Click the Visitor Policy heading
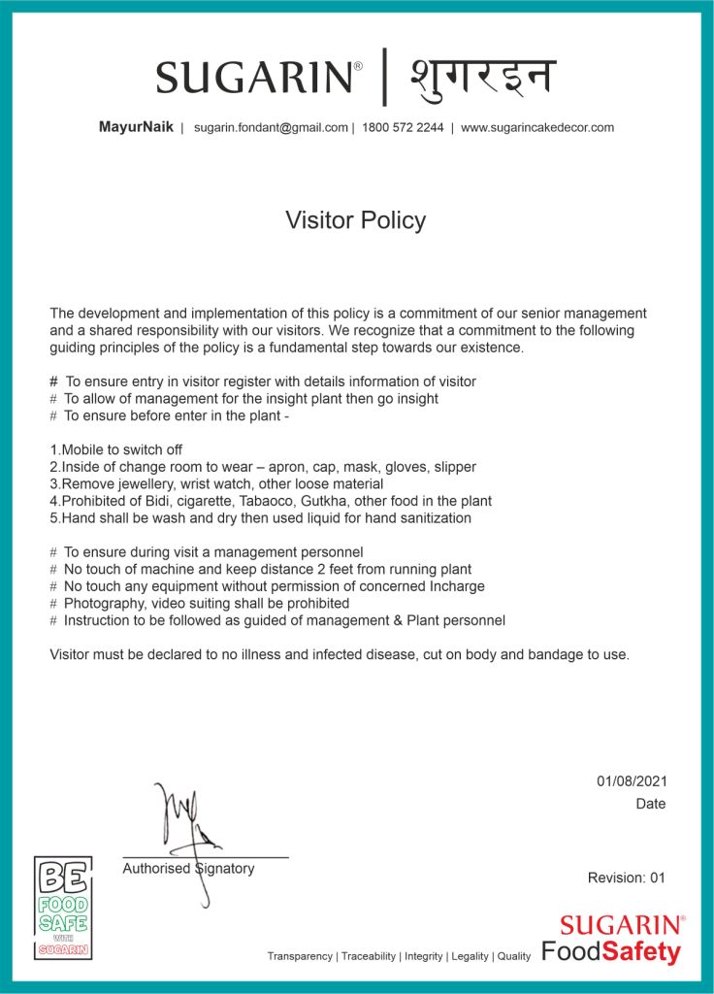(x=355, y=220)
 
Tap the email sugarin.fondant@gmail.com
(x=271, y=127)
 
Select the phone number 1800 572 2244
(x=403, y=127)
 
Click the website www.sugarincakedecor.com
(x=536, y=127)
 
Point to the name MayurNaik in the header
(x=136, y=127)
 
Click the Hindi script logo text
(x=482, y=76)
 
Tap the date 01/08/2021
(x=632, y=781)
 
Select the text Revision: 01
(x=627, y=878)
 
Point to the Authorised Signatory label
(x=188, y=869)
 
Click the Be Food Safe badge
(x=63, y=908)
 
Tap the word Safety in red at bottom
(x=641, y=952)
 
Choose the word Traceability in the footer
(x=369, y=956)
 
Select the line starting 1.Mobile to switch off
(x=115, y=449)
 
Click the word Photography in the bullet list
(x=102, y=603)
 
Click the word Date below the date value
(x=651, y=804)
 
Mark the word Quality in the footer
(x=513, y=956)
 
